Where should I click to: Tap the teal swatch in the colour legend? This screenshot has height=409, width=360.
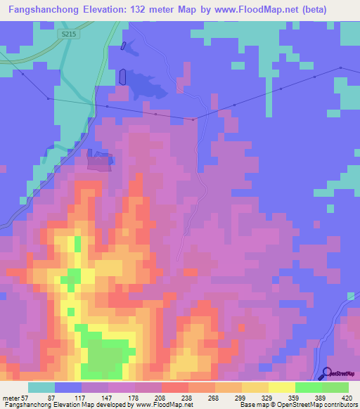[41, 387]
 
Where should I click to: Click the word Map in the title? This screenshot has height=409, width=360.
[198, 11]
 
